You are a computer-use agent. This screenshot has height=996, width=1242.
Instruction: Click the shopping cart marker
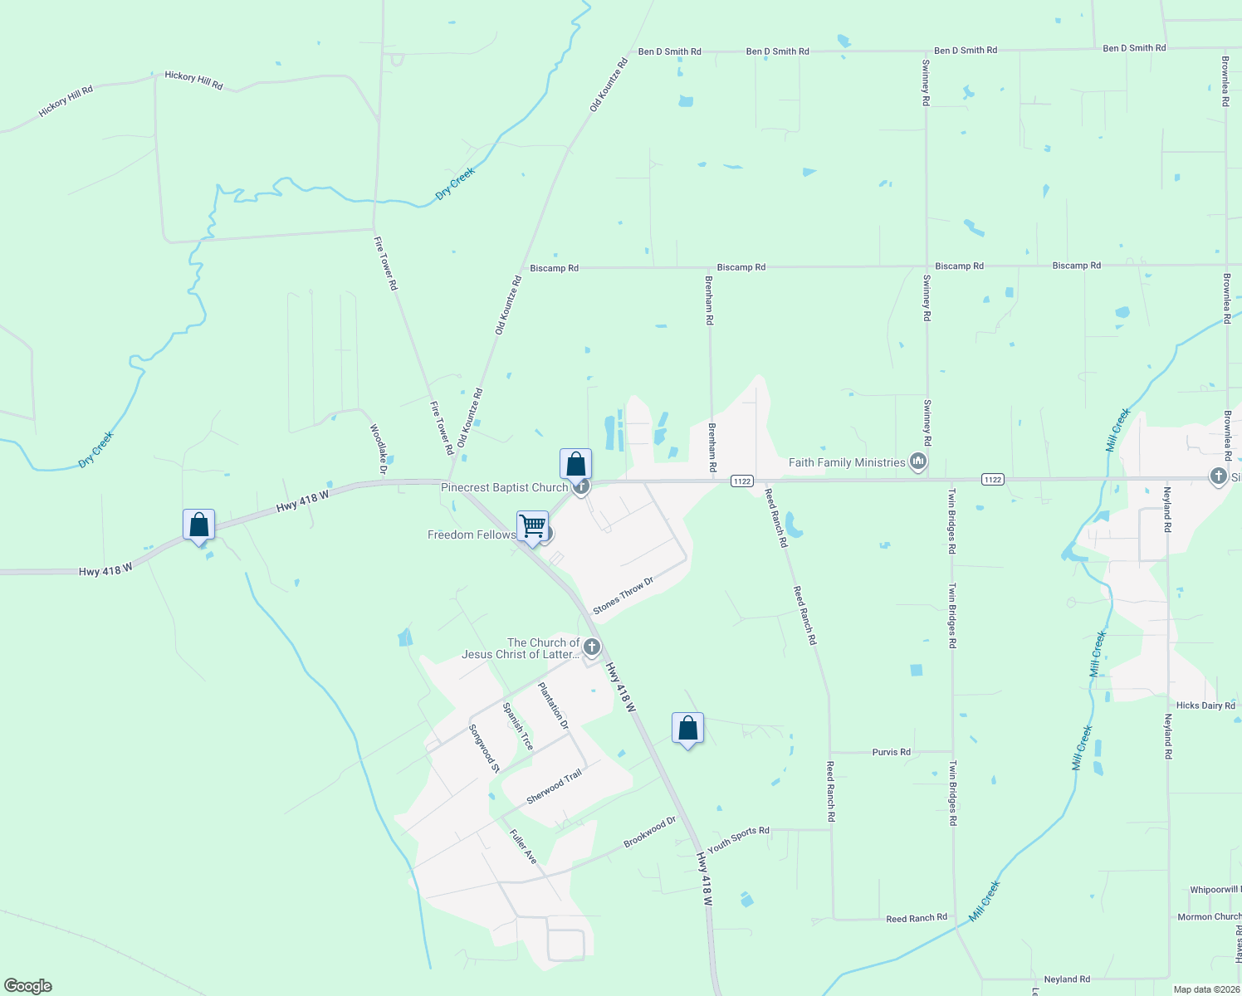point(532,526)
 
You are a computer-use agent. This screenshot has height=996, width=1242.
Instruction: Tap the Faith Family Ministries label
point(846,462)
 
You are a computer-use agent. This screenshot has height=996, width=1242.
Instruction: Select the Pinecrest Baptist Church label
point(504,487)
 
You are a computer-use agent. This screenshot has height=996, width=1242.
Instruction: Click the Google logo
point(27,986)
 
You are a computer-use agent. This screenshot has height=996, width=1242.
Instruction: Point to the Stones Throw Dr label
point(623,596)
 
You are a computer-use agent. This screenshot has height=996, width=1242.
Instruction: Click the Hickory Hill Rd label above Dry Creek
point(193,80)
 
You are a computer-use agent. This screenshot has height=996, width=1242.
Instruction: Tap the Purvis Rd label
point(891,752)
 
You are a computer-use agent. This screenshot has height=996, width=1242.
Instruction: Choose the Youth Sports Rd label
point(738,838)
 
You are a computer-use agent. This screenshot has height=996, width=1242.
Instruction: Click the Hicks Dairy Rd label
point(1205,705)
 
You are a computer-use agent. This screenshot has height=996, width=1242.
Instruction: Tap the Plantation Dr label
point(554,705)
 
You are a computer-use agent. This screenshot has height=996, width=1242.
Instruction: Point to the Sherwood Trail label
point(554,787)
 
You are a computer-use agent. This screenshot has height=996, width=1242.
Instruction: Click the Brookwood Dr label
point(650,832)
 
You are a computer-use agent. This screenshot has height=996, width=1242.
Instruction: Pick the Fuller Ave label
point(523,846)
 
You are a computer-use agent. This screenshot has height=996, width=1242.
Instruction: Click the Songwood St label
point(484,748)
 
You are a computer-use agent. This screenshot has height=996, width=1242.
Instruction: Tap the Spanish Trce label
point(517,726)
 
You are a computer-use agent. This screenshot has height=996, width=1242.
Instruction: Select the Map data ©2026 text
point(1206,989)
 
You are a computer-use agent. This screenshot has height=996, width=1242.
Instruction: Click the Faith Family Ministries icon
point(917,461)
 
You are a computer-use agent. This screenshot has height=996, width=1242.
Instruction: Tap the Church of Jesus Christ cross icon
point(592,647)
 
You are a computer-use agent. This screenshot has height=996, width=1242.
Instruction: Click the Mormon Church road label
point(1209,917)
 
